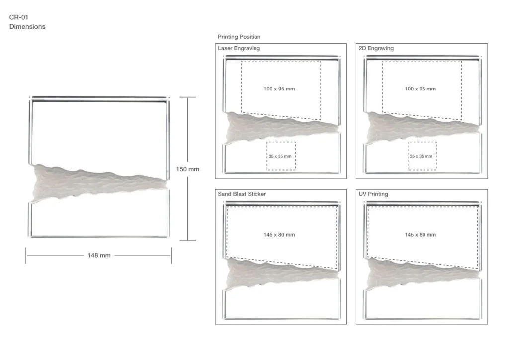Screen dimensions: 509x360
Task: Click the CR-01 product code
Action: tap(19, 17)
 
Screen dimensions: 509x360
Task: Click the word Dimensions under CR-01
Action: tap(27, 27)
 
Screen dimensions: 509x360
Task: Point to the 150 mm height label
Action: tap(187, 169)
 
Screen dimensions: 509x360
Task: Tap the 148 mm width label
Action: tap(99, 256)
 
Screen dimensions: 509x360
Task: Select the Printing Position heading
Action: tap(239, 37)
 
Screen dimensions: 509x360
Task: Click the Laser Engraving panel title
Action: tap(239, 48)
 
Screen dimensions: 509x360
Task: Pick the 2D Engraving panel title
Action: tap(376, 48)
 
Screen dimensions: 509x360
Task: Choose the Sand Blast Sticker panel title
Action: tap(242, 194)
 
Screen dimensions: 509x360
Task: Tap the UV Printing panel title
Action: tap(373, 194)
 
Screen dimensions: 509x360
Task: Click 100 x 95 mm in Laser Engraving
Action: tap(279, 89)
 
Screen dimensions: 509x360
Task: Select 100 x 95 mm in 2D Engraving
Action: tap(420, 89)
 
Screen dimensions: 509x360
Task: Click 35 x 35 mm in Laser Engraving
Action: tap(280, 156)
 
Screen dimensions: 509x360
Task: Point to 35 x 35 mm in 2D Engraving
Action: tap(421, 156)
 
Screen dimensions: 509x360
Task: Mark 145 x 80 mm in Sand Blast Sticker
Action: tap(279, 235)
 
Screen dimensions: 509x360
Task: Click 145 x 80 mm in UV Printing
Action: tap(420, 235)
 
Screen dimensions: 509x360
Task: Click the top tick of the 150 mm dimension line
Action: tap(187, 97)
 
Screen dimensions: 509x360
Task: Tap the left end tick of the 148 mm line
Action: tap(26, 256)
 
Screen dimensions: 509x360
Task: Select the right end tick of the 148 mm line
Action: tap(171, 256)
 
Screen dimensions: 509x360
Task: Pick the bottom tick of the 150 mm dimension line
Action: tap(187, 241)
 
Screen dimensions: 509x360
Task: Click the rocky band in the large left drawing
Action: tap(97, 182)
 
